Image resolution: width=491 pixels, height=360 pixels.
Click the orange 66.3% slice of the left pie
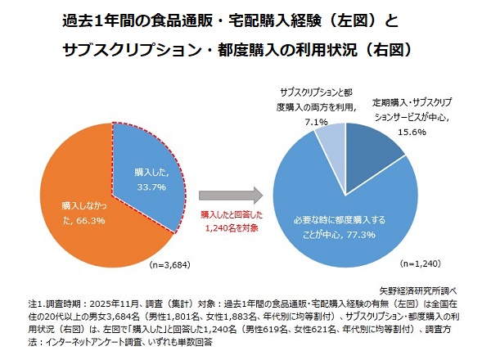tap(74, 205)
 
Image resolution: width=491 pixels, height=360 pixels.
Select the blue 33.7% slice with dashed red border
tap(151, 164)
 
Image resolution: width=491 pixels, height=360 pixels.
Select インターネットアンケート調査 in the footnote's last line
tap(87, 342)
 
